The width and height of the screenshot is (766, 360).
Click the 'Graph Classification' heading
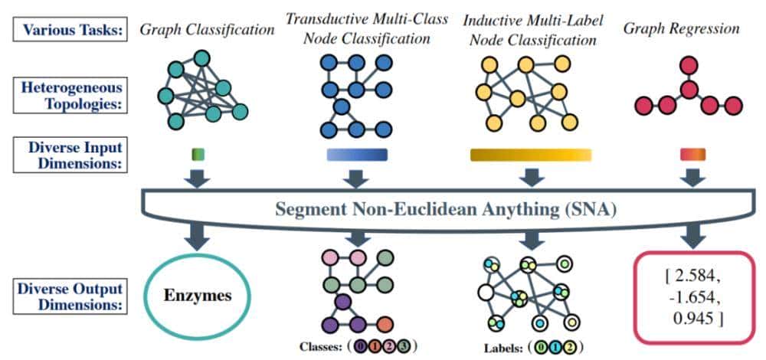click(x=207, y=31)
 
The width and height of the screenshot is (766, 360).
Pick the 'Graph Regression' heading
click(x=681, y=31)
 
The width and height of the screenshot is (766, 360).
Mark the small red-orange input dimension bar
click(x=692, y=155)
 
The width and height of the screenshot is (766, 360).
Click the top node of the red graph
click(x=689, y=66)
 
